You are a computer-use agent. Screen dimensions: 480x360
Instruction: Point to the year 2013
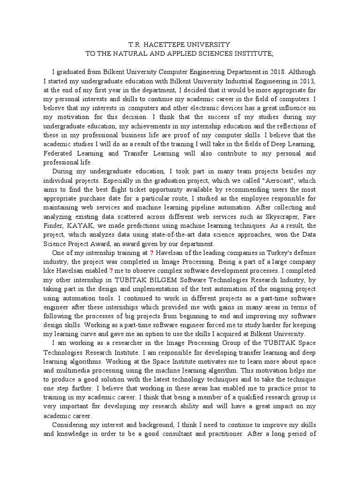pos(307,81)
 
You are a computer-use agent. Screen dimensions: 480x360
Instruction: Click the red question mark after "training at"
pos(151,253)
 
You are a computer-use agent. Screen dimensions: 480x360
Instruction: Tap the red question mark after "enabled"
pos(111,271)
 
